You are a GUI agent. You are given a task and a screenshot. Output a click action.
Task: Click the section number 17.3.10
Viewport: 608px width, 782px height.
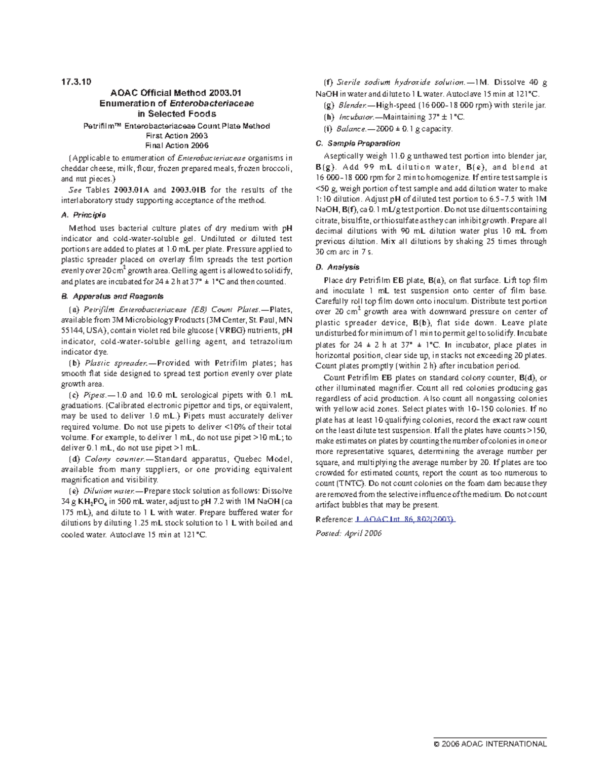coord(76,82)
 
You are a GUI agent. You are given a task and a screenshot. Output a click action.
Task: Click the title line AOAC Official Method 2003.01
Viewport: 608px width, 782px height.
coord(176,93)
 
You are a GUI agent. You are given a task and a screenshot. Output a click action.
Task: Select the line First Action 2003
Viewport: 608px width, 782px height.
coord(176,136)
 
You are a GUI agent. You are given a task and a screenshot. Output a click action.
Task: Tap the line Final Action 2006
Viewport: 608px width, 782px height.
coord(176,145)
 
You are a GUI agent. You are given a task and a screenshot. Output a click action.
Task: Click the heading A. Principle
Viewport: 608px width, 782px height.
coord(83,215)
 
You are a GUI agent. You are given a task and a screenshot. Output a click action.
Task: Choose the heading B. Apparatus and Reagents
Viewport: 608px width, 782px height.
coord(112,296)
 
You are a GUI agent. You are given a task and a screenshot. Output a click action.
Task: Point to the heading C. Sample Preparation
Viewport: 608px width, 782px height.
coord(358,143)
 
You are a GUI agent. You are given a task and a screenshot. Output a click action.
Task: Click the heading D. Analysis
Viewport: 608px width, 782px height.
coord(337,267)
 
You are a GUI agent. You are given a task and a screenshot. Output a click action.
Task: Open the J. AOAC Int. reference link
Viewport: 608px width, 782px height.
coord(405,519)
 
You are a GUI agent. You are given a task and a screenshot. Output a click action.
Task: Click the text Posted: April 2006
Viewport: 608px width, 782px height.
coord(349,533)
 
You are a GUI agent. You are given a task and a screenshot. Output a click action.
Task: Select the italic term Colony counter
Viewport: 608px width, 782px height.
coord(114,459)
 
